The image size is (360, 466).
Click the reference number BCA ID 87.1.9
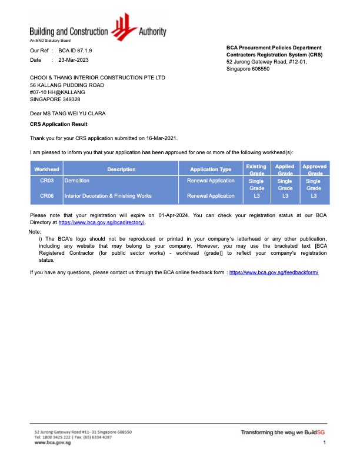coord(75,51)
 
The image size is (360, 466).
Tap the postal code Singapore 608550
coord(248,69)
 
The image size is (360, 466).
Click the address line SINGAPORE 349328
coord(55,99)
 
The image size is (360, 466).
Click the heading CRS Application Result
coord(58,124)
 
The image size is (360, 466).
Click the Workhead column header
coord(46,169)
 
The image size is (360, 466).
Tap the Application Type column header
coord(211,169)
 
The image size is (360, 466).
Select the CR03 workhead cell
coord(47,181)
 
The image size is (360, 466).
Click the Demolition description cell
coord(77,181)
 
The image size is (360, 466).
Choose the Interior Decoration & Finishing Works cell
coord(108,195)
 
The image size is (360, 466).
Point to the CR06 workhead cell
coord(47,195)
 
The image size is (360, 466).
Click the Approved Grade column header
coord(314,169)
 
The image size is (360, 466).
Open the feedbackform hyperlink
coord(274,272)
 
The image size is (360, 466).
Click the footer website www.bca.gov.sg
coord(52,442)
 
